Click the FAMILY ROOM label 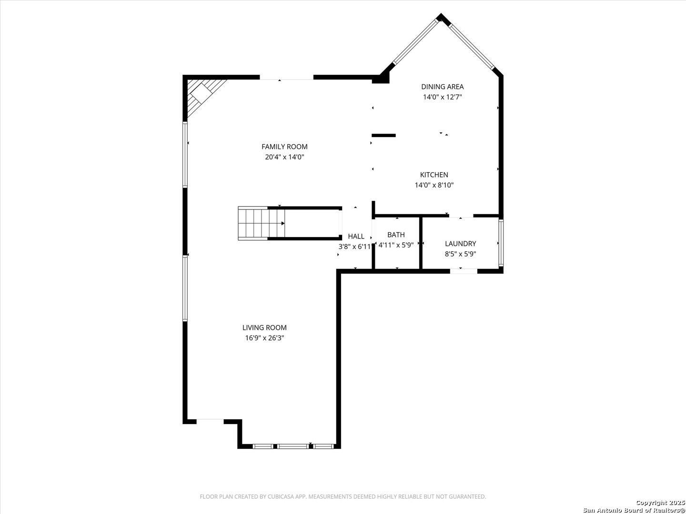[284, 147]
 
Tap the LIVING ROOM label [264, 328]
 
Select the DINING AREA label [442, 87]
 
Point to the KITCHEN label [434, 175]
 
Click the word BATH [396, 235]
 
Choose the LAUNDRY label [460, 244]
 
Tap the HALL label [356, 236]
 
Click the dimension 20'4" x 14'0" [284, 157]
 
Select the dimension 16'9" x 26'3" [264, 338]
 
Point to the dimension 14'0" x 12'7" [442, 97]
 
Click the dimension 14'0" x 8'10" [434, 185]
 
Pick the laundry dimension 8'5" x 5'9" [460, 254]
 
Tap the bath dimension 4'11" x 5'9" [396, 245]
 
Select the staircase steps [261, 223]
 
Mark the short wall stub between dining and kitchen [383, 136]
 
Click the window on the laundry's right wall [501, 243]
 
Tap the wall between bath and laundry [421, 243]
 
